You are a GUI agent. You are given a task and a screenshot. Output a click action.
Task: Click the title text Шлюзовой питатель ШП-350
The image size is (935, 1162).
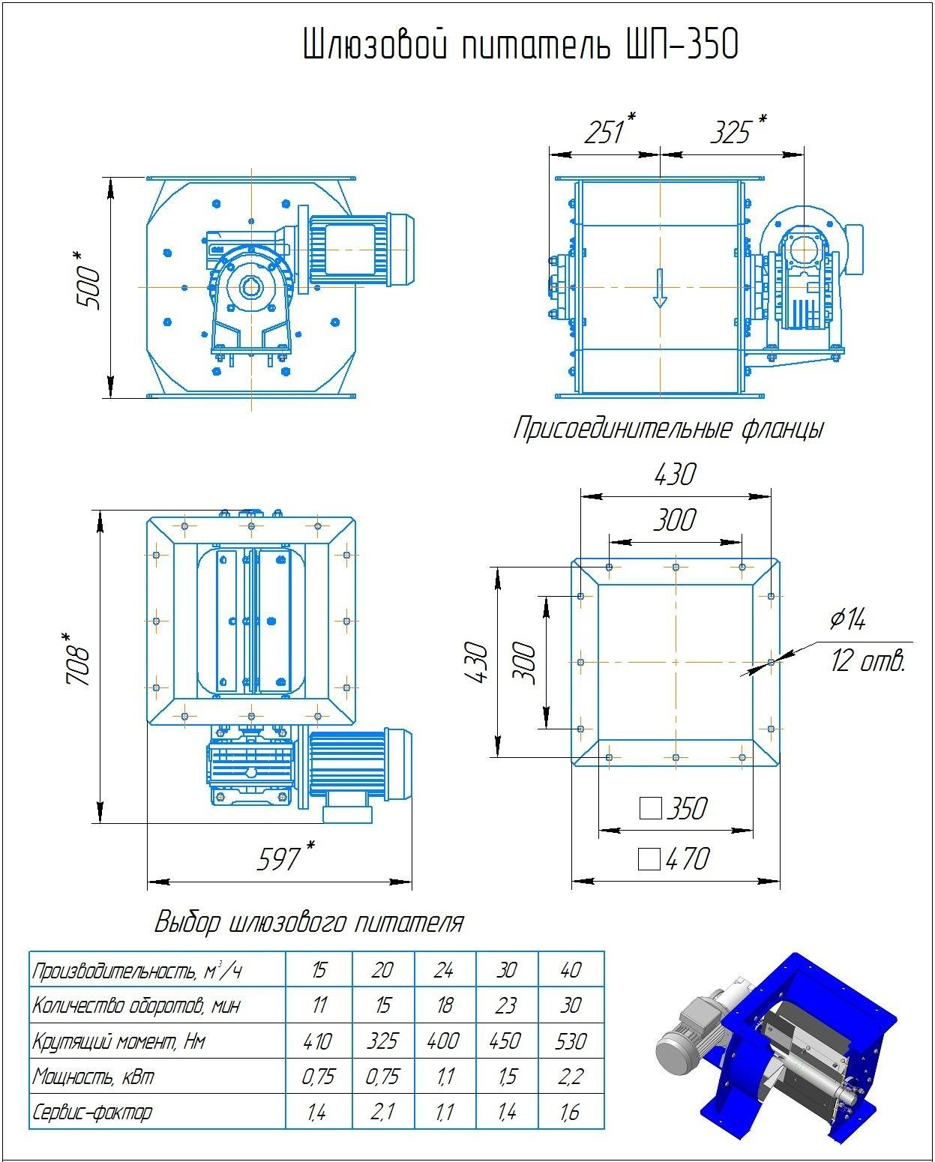520,45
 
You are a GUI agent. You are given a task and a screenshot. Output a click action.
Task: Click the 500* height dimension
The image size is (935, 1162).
88,282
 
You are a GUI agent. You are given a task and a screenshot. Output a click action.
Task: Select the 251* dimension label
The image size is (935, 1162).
609,130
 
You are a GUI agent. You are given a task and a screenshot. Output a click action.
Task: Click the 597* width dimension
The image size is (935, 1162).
283,856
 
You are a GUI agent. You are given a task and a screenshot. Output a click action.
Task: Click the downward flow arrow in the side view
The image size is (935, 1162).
660,289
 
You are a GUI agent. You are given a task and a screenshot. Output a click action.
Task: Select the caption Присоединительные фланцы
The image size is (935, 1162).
668,429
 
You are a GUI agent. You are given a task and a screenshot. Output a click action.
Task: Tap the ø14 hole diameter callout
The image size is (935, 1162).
848,619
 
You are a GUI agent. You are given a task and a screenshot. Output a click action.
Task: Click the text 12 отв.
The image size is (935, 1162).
868,661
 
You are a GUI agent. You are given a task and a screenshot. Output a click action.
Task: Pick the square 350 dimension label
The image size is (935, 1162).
673,808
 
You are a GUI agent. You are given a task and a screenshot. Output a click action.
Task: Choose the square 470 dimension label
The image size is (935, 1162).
673,858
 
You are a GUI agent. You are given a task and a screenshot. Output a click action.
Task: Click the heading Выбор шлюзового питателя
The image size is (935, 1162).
309,921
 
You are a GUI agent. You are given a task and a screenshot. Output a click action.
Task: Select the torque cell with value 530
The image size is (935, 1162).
571,1041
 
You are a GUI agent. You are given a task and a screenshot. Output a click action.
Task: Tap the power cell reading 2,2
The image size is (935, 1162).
571,1077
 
